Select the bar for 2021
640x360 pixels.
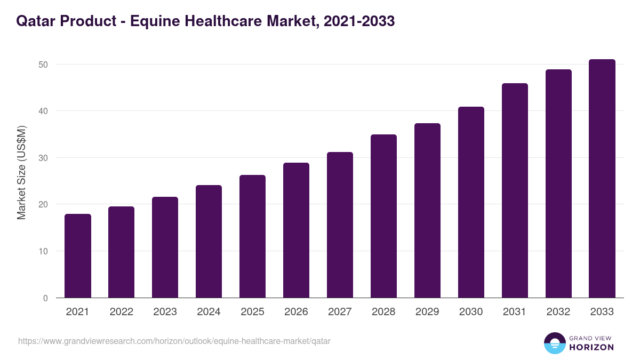click(x=78, y=256)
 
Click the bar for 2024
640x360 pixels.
click(x=209, y=242)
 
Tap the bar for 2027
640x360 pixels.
click(x=340, y=225)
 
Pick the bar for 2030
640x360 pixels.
click(x=471, y=202)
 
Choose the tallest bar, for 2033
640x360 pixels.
click(x=602, y=179)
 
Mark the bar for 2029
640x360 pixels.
click(x=427, y=211)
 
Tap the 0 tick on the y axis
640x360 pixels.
click(x=45, y=298)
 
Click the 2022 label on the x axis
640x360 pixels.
click(x=122, y=312)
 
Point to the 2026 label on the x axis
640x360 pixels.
click(x=296, y=312)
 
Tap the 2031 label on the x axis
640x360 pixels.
click(x=515, y=312)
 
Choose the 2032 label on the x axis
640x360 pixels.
click(x=558, y=312)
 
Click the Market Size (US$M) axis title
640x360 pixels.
click(x=21, y=173)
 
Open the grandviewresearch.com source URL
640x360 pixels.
click(x=174, y=341)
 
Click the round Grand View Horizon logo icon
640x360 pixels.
click(x=554, y=343)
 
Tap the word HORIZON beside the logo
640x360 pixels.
click(x=592, y=347)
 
